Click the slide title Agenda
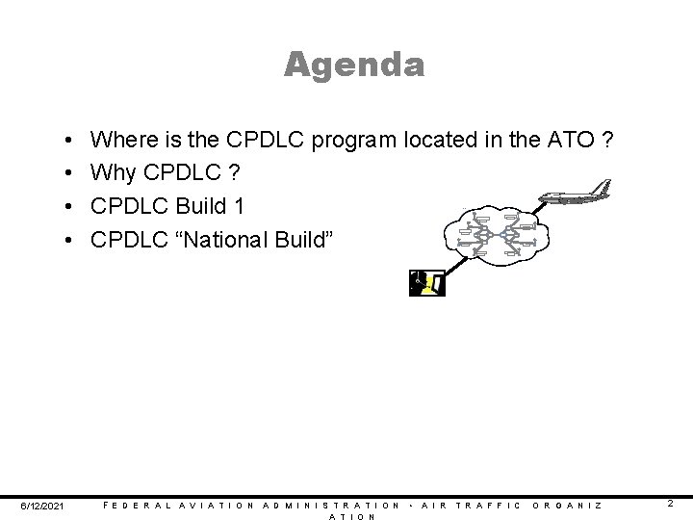pos(354,65)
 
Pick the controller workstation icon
pos(426,283)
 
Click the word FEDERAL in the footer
pos(136,506)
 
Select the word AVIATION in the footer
pos(218,506)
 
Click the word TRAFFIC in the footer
pos(489,506)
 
